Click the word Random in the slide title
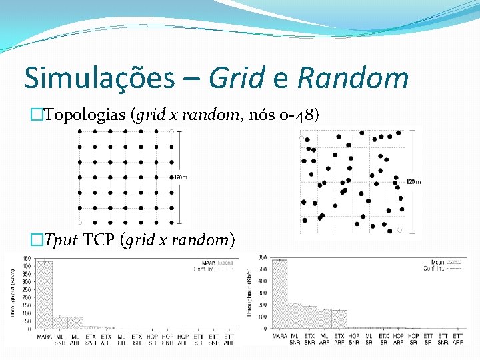(353, 78)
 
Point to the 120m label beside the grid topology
(180, 177)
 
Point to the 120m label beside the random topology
(413, 181)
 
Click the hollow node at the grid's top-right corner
(171, 131)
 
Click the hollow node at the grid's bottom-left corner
(79, 222)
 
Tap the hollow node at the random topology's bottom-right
(400, 229)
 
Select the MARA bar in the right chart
(279, 294)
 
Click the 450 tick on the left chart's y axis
(25, 259)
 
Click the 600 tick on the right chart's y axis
(263, 258)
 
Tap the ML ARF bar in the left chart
(75, 323)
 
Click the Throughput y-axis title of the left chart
(12, 293)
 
